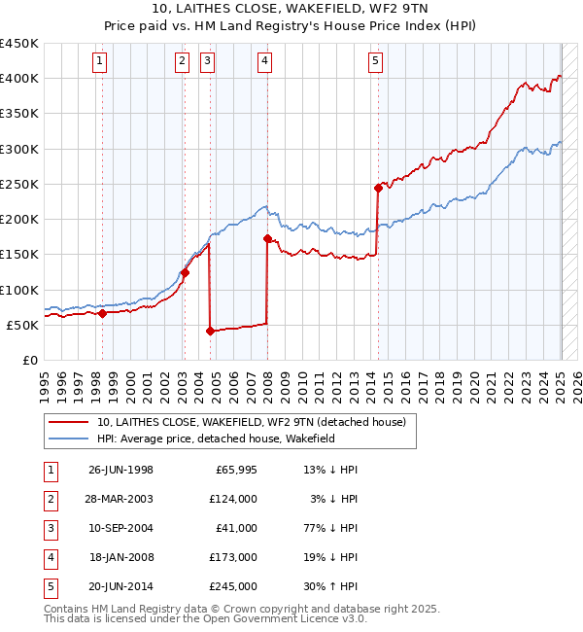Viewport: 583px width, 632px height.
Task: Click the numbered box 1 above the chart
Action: (101, 61)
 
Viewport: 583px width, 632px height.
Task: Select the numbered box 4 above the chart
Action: (265, 61)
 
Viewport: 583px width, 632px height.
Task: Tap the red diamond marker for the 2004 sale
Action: (210, 331)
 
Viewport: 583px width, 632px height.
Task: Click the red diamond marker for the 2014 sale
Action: (378, 188)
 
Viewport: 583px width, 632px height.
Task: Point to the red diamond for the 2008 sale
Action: (267, 238)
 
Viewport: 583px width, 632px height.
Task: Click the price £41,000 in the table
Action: (237, 527)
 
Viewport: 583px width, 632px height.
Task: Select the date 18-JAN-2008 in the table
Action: (121, 557)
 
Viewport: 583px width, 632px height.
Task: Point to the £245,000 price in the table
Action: (233, 586)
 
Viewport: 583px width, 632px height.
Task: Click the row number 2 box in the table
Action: (49, 498)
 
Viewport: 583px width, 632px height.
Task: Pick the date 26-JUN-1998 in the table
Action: (120, 469)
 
